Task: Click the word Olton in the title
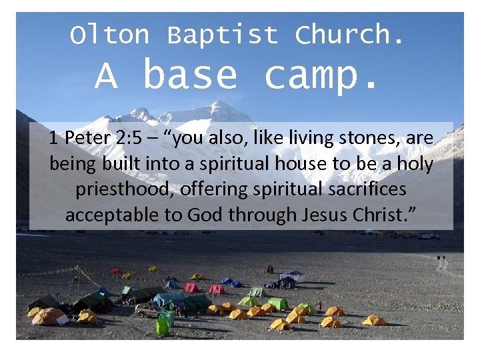pyautogui.click(x=110, y=35)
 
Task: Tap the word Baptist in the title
pyautogui.click(x=222, y=35)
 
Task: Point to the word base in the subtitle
pyautogui.click(x=190, y=75)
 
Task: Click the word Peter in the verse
pyautogui.click(x=87, y=139)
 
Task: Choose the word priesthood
pyautogui.click(x=127, y=189)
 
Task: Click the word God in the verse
pyautogui.click(x=206, y=215)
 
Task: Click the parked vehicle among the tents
pyautogui.click(x=147, y=310)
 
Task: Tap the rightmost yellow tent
pyautogui.click(x=374, y=320)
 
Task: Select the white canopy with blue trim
pyautogui.click(x=292, y=274)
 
